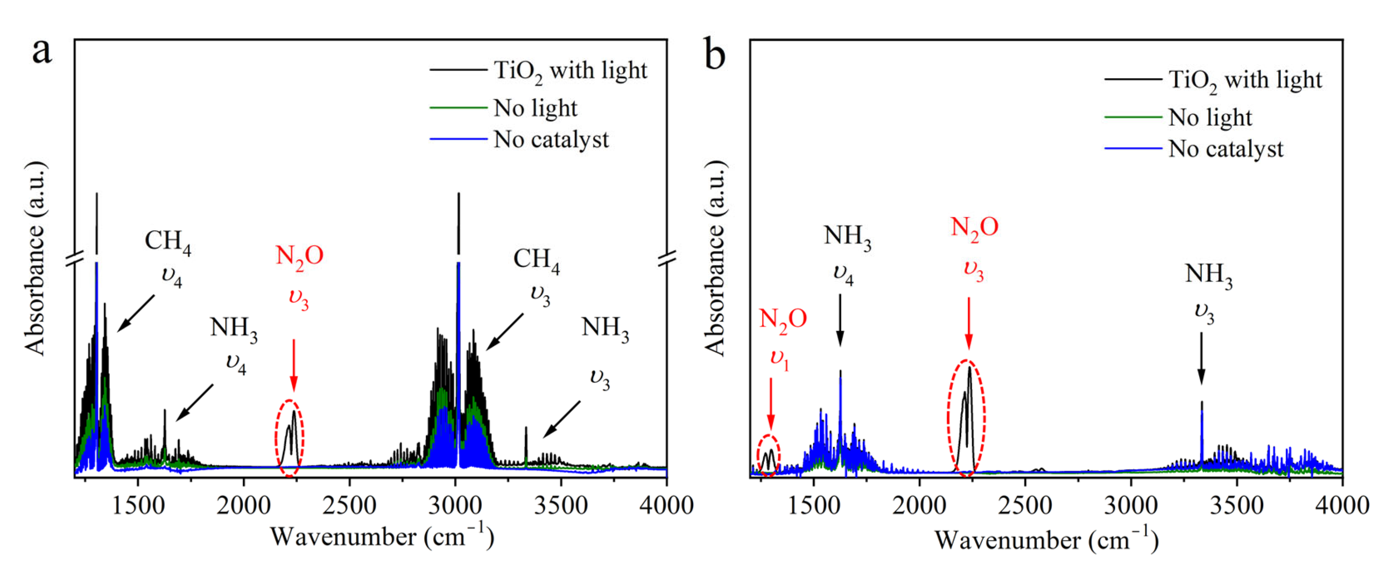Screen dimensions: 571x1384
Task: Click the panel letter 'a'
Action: [x=42, y=53]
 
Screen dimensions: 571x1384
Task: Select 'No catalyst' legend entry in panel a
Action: [x=551, y=140]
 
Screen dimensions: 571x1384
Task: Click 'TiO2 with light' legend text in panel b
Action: [x=1244, y=80]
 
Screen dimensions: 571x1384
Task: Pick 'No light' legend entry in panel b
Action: [x=1209, y=117]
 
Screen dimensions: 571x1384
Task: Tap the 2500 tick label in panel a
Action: [x=349, y=506]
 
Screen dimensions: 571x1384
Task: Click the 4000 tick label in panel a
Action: [x=666, y=506]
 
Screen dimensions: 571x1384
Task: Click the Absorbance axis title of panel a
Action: [x=35, y=258]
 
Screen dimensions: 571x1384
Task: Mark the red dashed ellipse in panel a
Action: [x=290, y=438]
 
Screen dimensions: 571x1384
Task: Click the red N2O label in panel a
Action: [x=299, y=256]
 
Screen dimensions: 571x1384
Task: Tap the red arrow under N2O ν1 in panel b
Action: [x=771, y=404]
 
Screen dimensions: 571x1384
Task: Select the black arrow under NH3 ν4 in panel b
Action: [x=840, y=320]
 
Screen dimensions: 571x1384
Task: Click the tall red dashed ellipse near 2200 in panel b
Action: [x=966, y=418]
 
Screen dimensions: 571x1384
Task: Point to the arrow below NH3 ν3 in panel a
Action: [x=561, y=419]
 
